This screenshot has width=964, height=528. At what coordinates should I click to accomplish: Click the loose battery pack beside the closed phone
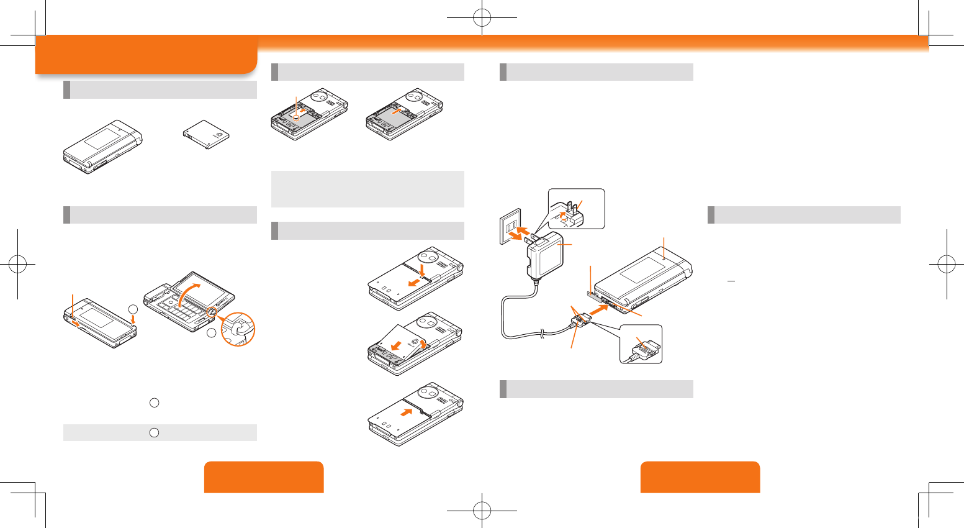point(207,135)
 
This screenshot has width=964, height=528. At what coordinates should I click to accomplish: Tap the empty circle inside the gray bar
point(155,432)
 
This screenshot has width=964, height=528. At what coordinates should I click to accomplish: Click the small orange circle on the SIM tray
point(297,116)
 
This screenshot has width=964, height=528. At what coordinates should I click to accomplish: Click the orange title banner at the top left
point(146,55)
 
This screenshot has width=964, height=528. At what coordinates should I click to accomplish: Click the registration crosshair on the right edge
point(947,265)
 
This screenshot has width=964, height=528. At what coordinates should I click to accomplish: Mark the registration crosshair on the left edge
point(17,265)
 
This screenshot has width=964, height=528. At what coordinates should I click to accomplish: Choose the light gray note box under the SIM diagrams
point(367,189)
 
